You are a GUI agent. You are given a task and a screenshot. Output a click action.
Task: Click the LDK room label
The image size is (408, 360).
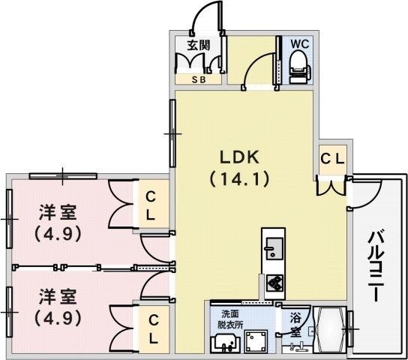[x=240, y=157]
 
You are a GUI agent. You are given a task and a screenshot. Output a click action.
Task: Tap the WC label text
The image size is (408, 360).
[x=300, y=44]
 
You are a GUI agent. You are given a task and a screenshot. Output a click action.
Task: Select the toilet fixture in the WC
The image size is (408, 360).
[x=300, y=67]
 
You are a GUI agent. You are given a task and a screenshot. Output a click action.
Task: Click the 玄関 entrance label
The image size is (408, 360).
[x=199, y=45]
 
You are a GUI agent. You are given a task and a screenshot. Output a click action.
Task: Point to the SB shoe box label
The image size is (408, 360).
[x=199, y=79]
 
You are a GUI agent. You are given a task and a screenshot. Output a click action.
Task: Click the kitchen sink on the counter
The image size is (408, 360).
[x=273, y=247]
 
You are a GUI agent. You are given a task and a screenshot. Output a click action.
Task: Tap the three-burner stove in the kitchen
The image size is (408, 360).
[x=274, y=283]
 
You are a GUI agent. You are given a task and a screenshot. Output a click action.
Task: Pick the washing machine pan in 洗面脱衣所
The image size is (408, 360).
[x=256, y=341]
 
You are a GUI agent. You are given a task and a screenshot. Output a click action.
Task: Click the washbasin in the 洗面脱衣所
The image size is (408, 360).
[x=226, y=343]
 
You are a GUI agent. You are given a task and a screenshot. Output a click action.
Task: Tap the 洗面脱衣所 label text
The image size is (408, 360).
[x=230, y=319]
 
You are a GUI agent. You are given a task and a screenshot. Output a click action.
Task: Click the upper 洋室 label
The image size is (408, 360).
[x=58, y=212]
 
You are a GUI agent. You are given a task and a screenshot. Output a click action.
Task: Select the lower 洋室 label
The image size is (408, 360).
[x=58, y=297]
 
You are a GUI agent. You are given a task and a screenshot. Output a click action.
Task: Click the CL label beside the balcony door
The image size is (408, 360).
[x=332, y=159]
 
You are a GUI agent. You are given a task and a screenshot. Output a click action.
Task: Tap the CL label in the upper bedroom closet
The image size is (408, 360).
[x=151, y=205]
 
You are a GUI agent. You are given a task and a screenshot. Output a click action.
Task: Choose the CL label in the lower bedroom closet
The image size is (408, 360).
[x=153, y=329]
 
